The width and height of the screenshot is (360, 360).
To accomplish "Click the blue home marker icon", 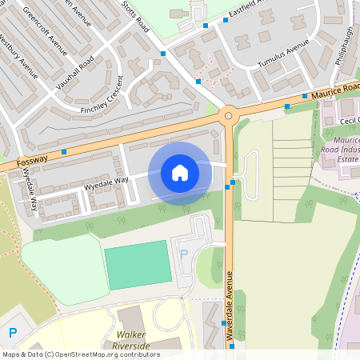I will point(180,172).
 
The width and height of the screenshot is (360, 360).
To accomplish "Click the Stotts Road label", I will point(136,18).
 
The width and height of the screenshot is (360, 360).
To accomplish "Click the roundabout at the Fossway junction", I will point(229,116).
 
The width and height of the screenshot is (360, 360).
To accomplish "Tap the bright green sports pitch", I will point(138,265).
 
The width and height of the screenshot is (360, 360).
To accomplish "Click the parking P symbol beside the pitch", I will point(184,254).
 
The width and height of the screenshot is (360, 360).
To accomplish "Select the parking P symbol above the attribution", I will point(12,332).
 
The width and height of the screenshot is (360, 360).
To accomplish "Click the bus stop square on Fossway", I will point(63,151).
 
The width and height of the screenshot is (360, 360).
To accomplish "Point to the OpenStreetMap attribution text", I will point(81,354).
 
